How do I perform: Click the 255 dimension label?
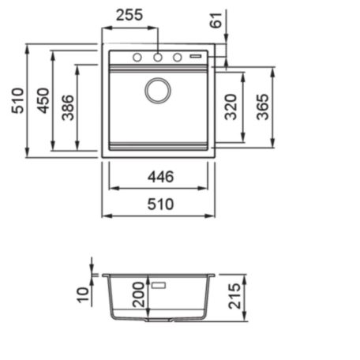pos(129,15)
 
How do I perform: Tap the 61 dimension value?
pos(216,21)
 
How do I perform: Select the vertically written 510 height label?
pos(17,101)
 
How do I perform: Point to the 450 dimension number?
pos(43,101)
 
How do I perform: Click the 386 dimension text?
pos(68,107)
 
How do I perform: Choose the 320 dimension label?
pos(231,107)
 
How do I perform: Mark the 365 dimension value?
pos(263,107)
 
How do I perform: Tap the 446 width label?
pos(160,177)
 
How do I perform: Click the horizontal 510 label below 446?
pos(160,204)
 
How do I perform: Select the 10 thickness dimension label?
pos(83,295)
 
